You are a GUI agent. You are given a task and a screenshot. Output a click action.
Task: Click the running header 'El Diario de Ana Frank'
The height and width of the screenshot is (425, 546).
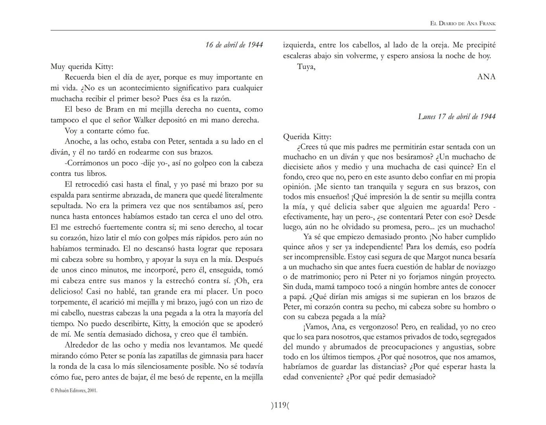pyautogui.click(x=463, y=23)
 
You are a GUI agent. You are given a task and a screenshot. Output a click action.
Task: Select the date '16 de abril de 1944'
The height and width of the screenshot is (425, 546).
pyautogui.click(x=234, y=45)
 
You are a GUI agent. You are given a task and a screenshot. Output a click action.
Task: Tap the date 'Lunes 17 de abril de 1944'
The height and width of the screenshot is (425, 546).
pyautogui.click(x=457, y=116)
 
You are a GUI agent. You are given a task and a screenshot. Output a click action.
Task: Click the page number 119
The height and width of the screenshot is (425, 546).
pyautogui.click(x=280, y=405)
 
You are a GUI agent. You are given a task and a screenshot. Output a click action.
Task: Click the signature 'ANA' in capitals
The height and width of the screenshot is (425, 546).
pyautogui.click(x=486, y=77)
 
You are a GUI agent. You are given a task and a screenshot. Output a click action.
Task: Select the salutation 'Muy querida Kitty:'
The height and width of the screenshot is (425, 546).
pyautogui.click(x=82, y=67)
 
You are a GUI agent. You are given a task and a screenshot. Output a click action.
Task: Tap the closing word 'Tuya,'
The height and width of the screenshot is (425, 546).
pyautogui.click(x=306, y=67)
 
